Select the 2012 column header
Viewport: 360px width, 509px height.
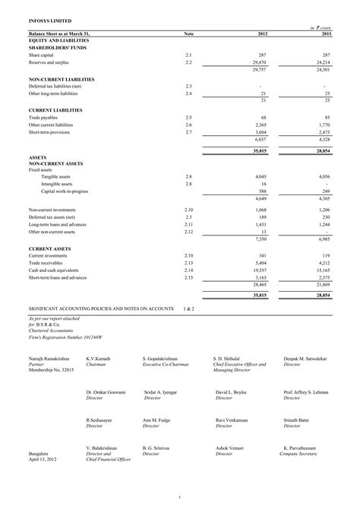pyautogui.click(x=263, y=34)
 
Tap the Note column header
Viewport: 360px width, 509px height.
pyautogui.click(x=189, y=34)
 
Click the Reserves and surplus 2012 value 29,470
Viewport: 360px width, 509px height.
pyautogui.click(x=261, y=62)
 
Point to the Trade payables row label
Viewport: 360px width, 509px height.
pyautogui.click(x=44, y=118)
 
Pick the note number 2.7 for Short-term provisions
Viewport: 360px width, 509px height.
pyautogui.click(x=189, y=132)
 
